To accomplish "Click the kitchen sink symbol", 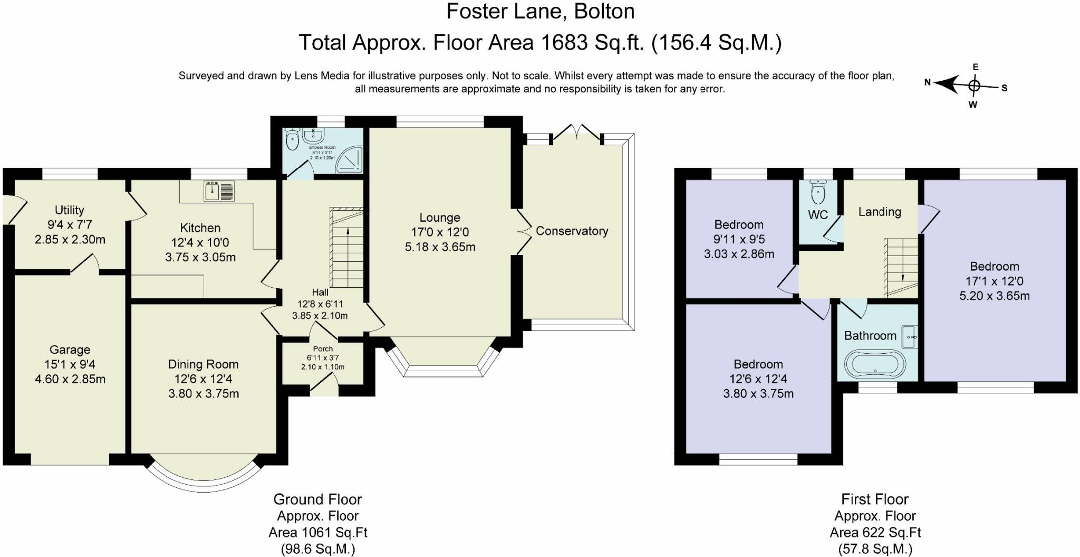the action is (x=219, y=191).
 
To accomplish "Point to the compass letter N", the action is (x=928, y=82).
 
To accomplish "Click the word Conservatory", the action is (x=572, y=231).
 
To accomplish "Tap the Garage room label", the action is (x=70, y=350).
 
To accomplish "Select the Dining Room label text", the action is (x=203, y=364).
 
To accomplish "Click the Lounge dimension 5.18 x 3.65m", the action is (x=440, y=247).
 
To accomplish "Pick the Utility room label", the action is (x=70, y=210).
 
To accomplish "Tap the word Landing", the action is (x=880, y=212).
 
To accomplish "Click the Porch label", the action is (x=323, y=349).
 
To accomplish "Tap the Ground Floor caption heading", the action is (x=317, y=499).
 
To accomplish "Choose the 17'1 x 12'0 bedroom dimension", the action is (x=994, y=281).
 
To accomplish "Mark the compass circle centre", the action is (x=974, y=86).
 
